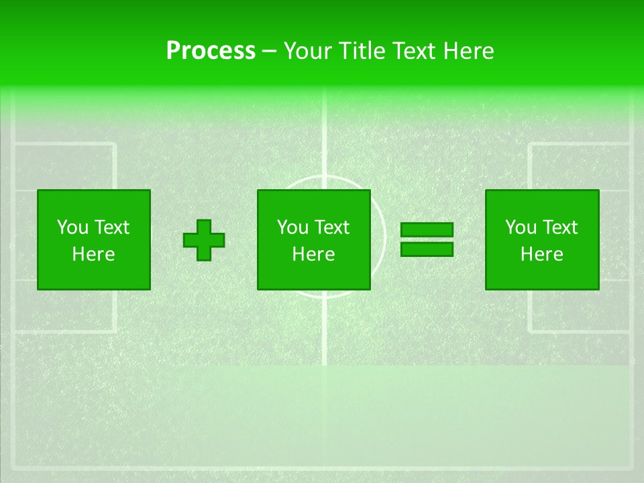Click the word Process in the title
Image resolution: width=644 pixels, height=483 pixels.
click(x=211, y=51)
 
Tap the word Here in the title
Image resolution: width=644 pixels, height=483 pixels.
click(x=468, y=51)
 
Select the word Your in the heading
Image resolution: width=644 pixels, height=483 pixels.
click(x=309, y=51)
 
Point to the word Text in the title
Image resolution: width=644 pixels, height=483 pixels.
click(x=414, y=51)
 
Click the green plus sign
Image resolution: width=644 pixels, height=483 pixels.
click(x=204, y=240)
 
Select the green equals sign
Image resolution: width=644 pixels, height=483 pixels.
click(x=427, y=239)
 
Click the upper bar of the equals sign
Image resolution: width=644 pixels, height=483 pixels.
click(x=427, y=230)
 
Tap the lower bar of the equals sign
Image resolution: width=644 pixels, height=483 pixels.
click(x=427, y=249)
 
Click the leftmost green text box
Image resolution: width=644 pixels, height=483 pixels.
click(x=93, y=239)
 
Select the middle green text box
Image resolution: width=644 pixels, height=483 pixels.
click(x=313, y=239)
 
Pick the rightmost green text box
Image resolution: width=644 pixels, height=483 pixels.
click(x=541, y=239)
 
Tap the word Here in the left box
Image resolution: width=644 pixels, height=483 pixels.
click(x=93, y=254)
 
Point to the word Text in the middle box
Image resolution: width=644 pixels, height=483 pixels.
click(x=331, y=227)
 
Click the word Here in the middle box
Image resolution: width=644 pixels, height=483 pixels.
click(x=313, y=254)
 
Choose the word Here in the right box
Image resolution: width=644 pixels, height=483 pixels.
click(x=541, y=254)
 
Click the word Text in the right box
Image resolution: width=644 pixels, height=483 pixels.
click(x=559, y=227)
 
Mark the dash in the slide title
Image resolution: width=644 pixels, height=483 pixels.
click(x=270, y=52)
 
